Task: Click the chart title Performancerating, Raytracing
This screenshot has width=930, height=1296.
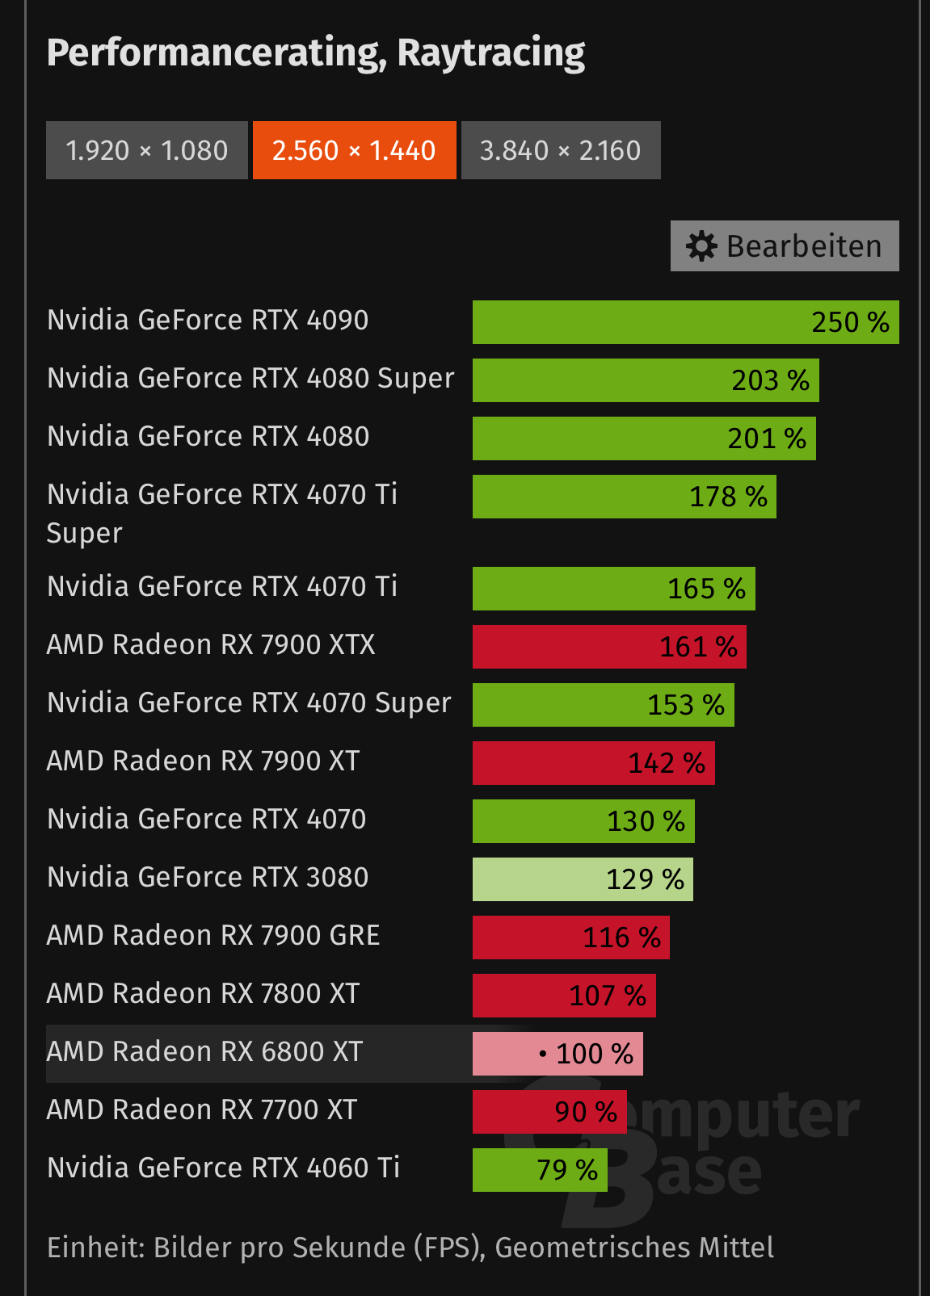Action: pos(315,53)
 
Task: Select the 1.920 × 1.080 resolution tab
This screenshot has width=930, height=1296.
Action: pos(146,150)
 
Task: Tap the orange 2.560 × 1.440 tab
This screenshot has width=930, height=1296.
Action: pos(354,150)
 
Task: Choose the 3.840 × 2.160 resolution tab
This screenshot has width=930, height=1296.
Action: pos(560,150)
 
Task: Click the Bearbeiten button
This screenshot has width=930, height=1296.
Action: pos(785,246)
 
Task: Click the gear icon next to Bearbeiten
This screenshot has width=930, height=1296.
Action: pos(701,246)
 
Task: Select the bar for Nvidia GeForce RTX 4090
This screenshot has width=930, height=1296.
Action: pos(685,322)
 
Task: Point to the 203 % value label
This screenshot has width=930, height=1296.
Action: pos(770,380)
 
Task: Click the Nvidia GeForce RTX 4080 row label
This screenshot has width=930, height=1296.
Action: pos(208,437)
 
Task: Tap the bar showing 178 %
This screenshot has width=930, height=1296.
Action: pos(624,497)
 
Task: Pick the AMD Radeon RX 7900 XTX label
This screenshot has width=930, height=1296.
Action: pos(211,645)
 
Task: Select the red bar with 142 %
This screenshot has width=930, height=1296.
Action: pos(593,763)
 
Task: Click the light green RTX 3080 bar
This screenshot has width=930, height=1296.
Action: pos(583,879)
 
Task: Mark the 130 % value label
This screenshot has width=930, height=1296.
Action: pos(646,821)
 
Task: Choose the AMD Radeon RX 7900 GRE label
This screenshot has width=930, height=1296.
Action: pos(213,936)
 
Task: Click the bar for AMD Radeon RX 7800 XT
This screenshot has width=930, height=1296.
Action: pos(564,996)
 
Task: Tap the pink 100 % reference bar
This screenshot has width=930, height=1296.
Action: pos(558,1054)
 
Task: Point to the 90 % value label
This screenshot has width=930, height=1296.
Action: pos(586,1112)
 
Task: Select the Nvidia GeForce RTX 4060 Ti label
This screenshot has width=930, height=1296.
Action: pos(223,1168)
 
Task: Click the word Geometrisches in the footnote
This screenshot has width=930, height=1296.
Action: pos(592,1248)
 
